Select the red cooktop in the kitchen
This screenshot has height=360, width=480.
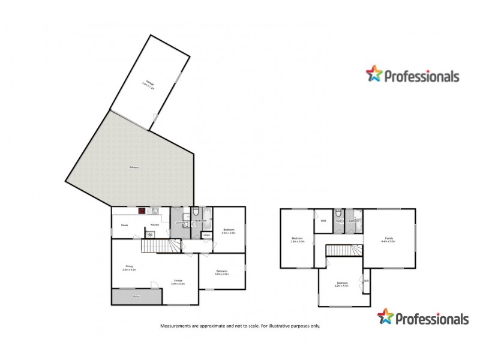pyautogui.click(x=142, y=211)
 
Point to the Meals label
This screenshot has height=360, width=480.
pyautogui.click(x=125, y=225)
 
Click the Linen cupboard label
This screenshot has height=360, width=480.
pyautogui.click(x=206, y=235)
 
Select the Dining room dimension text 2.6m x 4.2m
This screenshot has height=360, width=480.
pyautogui.click(x=130, y=270)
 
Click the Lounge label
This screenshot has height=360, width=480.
pyautogui.click(x=178, y=280)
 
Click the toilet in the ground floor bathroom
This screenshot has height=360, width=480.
pyautogui.click(x=195, y=211)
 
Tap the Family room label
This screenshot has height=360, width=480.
pyautogui.click(x=389, y=239)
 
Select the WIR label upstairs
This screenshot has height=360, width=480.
pyautogui.click(x=323, y=221)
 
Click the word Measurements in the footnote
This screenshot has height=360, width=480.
pyautogui.click(x=175, y=326)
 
